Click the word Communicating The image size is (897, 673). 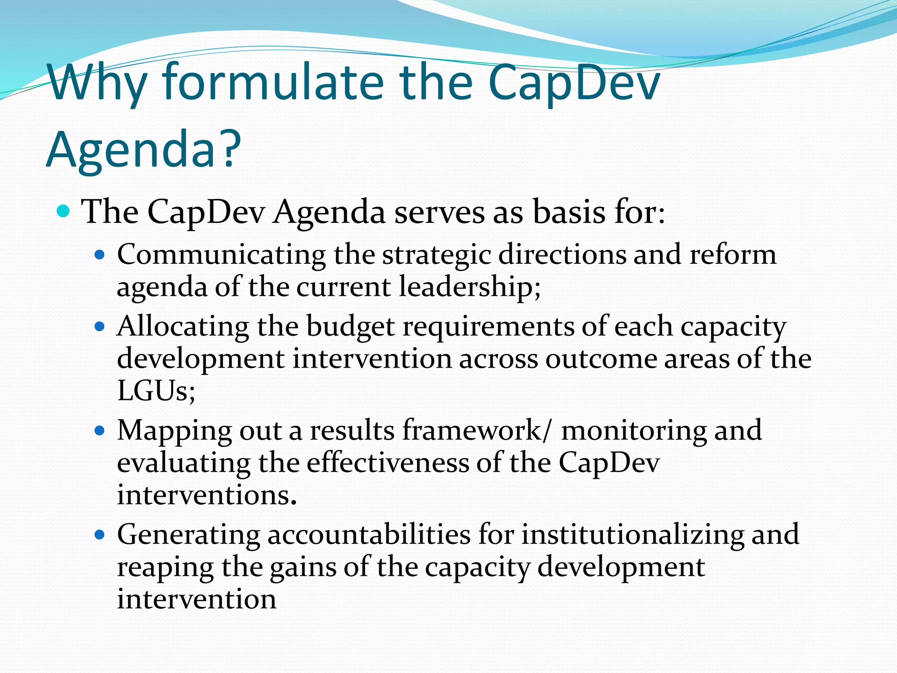coord(221,255)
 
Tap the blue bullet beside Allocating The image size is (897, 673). coord(100,326)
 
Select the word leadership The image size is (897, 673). coord(469,287)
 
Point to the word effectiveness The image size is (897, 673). coord(387,463)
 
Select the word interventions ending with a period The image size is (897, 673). coord(206,496)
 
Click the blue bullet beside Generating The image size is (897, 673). coord(100,535)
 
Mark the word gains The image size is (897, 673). coord(302,567)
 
